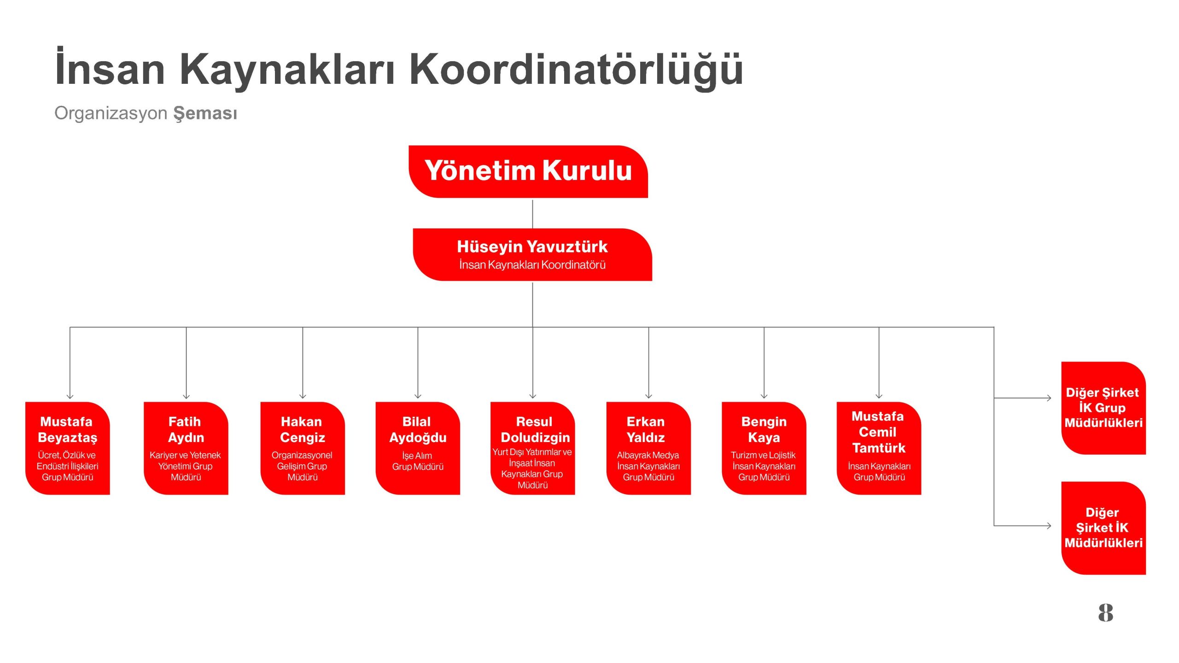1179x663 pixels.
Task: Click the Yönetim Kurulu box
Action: (528, 172)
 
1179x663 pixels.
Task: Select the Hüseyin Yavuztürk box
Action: (532, 255)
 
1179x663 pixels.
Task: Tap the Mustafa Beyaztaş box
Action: (68, 448)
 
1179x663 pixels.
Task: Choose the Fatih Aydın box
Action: (186, 448)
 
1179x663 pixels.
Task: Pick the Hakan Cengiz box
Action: (303, 448)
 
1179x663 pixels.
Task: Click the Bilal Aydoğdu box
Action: (418, 448)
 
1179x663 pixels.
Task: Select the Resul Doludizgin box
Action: (533, 448)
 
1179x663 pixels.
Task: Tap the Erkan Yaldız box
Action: (648, 448)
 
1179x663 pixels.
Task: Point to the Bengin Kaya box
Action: (764, 448)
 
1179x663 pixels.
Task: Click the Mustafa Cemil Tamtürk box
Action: (879, 448)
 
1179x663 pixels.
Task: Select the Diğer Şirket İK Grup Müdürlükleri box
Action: (1103, 408)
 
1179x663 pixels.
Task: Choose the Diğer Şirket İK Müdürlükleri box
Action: (1103, 528)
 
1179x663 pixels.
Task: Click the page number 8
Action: (1105, 613)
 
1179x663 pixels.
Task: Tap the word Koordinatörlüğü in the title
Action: (576, 69)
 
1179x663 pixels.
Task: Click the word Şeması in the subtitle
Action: (205, 114)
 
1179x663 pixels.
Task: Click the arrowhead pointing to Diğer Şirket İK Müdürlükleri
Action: (1049, 525)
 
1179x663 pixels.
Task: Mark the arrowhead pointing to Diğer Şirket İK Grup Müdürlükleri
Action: (1049, 398)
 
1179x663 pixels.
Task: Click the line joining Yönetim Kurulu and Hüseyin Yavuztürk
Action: (532, 214)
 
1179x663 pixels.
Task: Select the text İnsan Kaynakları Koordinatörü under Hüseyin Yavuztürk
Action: (532, 265)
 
